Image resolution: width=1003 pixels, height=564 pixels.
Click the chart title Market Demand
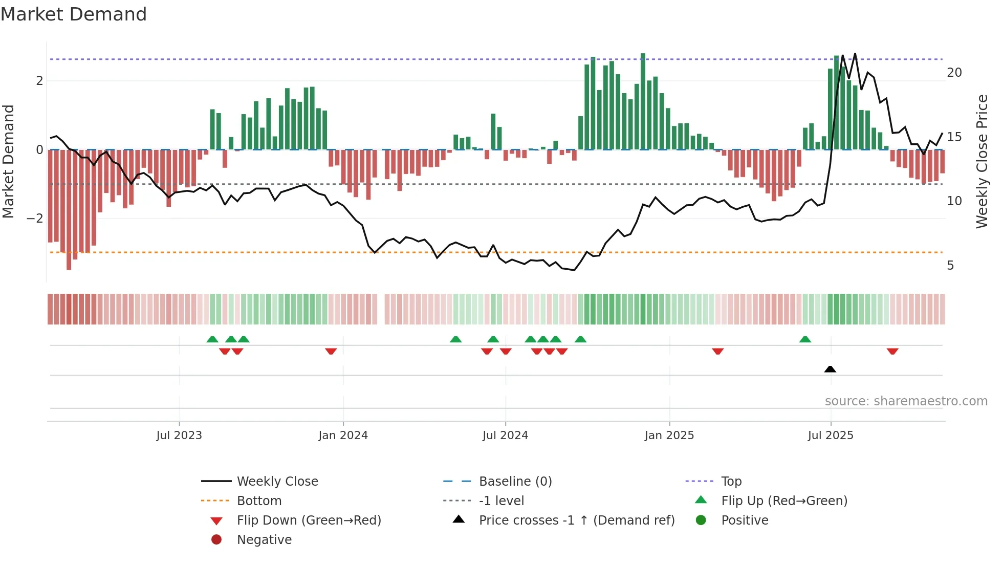pyautogui.click(x=74, y=14)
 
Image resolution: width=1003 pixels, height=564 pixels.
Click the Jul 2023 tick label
pyautogui.click(x=179, y=436)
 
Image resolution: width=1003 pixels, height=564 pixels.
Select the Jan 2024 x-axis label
pyautogui.click(x=343, y=436)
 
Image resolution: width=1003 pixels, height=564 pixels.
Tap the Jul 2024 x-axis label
pyautogui.click(x=505, y=436)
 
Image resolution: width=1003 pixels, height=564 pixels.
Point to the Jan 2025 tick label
pyautogui.click(x=669, y=436)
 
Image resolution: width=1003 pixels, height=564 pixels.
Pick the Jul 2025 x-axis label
pyautogui.click(x=831, y=436)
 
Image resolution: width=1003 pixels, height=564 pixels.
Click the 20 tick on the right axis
pyautogui.click(x=954, y=73)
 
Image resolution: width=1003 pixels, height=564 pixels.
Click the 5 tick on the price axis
pyautogui.click(x=950, y=266)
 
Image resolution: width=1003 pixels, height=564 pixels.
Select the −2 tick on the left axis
pyautogui.click(x=35, y=219)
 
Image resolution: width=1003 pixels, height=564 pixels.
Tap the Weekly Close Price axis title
pyautogui.click(x=982, y=161)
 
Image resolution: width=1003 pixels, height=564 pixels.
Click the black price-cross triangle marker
pyautogui.click(x=830, y=369)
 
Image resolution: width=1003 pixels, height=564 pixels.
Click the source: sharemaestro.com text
pyautogui.click(x=906, y=401)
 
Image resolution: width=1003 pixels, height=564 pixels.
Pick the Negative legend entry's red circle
pyautogui.click(x=216, y=540)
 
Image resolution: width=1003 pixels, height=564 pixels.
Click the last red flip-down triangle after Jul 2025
pyautogui.click(x=892, y=351)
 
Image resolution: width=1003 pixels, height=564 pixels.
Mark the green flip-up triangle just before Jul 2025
pyautogui.click(x=805, y=339)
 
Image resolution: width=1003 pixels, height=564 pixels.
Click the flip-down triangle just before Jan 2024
pyautogui.click(x=331, y=351)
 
